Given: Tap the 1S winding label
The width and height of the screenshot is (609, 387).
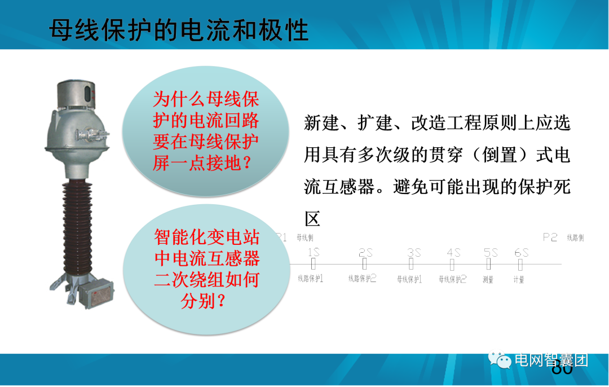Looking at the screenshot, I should click(x=314, y=252).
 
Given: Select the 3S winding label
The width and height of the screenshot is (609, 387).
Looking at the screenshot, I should click(x=414, y=252).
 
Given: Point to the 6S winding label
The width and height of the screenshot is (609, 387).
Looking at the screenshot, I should click(x=522, y=252).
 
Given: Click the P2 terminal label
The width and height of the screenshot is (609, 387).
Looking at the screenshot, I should click(x=550, y=238).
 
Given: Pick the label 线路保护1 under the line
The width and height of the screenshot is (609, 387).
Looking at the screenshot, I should click(x=311, y=278).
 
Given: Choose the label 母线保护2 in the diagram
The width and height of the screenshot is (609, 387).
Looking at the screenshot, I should click(x=453, y=278).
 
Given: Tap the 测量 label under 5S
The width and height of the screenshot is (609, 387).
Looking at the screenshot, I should click(x=488, y=279).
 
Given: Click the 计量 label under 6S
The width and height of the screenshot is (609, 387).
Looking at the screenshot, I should click(x=519, y=279).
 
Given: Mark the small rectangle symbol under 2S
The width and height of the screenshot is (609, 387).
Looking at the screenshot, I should click(x=365, y=263).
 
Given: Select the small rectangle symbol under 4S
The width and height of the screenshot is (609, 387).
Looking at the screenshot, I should click(x=452, y=263).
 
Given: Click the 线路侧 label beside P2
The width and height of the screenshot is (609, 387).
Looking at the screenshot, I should click(x=575, y=238).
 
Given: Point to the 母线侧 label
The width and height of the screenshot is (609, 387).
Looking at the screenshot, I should click(x=304, y=238).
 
